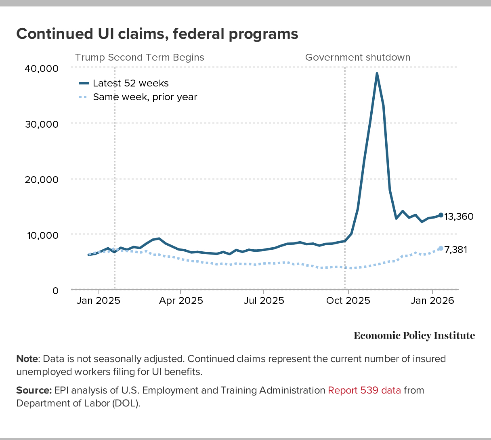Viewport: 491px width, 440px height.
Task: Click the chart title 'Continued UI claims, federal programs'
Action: point(157,34)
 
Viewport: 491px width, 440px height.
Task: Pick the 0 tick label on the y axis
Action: point(55,291)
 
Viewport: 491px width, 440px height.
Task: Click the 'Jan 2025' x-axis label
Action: point(99,301)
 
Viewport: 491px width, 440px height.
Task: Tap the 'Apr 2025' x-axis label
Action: point(181,301)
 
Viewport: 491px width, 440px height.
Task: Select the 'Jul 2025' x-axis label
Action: point(264,301)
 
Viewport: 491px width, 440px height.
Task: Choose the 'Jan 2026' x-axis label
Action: point(432,301)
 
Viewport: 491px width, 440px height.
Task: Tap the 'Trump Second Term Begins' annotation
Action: point(140,57)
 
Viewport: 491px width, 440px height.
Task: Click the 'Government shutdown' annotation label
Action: point(358,57)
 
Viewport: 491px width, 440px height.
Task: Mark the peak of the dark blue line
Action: point(377,74)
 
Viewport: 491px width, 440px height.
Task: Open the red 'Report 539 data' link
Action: point(364,390)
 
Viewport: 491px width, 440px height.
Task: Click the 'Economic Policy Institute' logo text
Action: point(414,335)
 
